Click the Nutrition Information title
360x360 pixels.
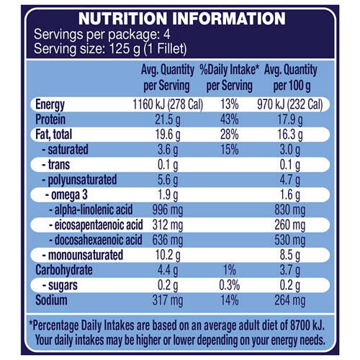(182, 19)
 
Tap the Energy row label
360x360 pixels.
(50, 105)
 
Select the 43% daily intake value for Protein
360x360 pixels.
(230, 120)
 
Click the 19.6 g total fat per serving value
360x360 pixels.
(168, 135)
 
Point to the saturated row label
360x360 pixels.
(65, 149)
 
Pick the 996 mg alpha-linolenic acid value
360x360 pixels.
(168, 210)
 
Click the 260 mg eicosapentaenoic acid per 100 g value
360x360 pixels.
(290, 225)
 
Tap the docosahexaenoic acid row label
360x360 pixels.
(96, 240)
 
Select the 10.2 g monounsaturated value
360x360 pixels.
(168, 255)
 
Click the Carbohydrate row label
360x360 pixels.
(64, 270)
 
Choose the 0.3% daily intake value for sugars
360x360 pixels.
(230, 285)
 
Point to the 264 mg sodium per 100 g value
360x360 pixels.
(290, 300)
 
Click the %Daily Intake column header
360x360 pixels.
(230, 78)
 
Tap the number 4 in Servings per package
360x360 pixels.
(167, 35)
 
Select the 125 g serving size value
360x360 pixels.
(125, 49)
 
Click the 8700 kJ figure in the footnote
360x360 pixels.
(307, 325)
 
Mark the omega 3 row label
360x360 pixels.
(66, 195)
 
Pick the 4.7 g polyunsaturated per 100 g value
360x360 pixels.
(290, 180)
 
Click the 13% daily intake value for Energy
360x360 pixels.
(230, 104)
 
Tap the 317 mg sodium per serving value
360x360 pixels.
(168, 300)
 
